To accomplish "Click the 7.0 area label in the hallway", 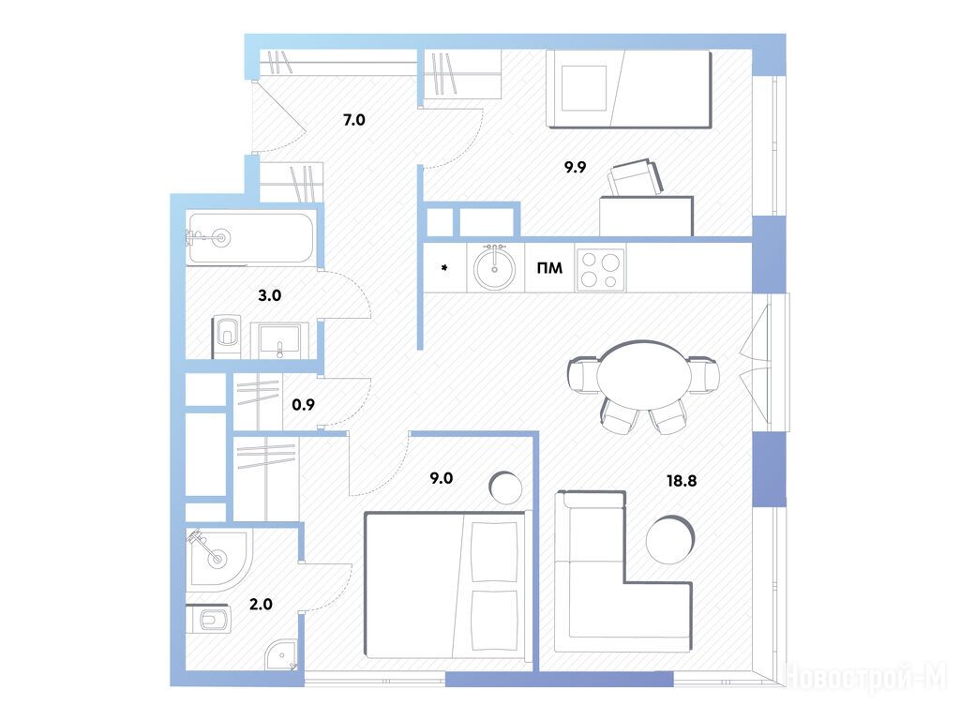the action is pos(353,120).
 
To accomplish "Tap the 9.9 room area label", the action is pos(575,167).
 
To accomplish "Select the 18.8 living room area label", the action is pos(682,481).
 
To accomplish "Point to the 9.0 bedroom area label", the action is pos(441,478).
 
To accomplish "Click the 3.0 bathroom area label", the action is pos(269,295).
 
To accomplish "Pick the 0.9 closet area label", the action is pos(303,405).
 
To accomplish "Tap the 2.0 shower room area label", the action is pos(261,605).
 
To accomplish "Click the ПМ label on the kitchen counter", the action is pos(549,268).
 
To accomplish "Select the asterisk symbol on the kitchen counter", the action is pos(444,267).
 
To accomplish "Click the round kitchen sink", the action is pos(495,267).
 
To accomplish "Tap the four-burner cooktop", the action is pos(600,269).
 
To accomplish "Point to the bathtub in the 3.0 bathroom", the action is pos(251,238).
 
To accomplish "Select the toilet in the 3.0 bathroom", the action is pos(226,337).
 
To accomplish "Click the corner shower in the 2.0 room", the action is pos(219,560).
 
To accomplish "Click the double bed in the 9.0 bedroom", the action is pos(445,586).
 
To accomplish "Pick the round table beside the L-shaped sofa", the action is pos(670,539).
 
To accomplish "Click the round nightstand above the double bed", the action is pos(505,487).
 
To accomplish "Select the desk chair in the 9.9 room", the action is pos(635,178).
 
